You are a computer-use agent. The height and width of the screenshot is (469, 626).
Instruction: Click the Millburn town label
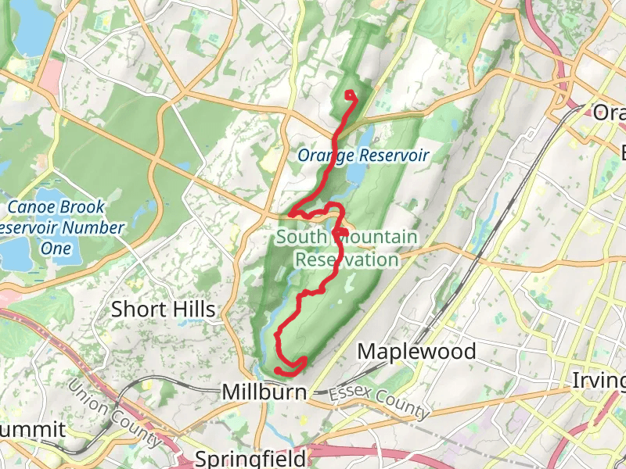[264, 391]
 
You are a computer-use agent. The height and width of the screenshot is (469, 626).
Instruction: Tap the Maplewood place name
[416, 352]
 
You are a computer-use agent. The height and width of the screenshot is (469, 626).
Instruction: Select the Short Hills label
[163, 309]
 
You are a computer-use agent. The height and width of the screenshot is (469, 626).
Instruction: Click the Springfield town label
[250, 457]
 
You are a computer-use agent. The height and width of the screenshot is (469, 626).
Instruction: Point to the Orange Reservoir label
[363, 156]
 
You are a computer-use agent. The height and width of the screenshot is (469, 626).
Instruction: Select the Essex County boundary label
[380, 402]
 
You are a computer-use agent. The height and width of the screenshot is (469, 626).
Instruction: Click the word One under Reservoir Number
[56, 249]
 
